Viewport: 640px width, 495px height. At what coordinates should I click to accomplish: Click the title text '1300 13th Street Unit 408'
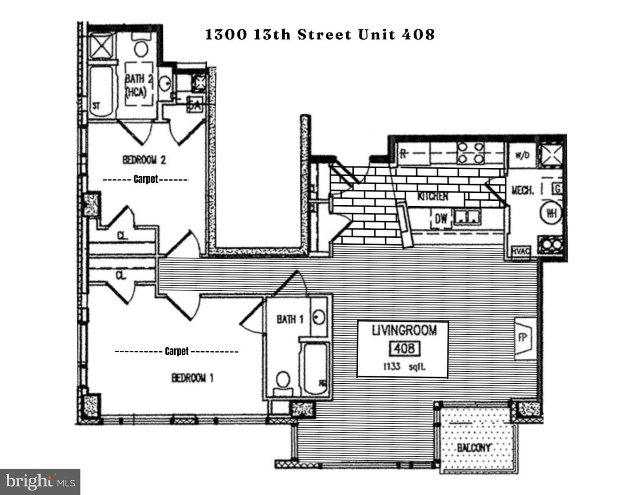coord(320,35)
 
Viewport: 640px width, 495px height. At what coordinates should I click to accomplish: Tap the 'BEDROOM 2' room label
coord(144,159)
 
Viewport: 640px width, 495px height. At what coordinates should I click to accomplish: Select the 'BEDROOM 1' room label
coord(192,378)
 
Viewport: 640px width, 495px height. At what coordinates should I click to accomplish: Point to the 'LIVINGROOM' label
coord(404,330)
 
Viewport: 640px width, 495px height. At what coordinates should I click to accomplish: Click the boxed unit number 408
coord(404,348)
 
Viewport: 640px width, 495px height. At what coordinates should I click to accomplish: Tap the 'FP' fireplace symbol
coord(523,338)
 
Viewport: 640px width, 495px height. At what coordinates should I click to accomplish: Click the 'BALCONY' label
coord(474,447)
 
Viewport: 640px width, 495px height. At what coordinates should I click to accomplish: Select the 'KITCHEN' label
coord(432,196)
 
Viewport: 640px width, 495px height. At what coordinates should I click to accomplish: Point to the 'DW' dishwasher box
coord(440,218)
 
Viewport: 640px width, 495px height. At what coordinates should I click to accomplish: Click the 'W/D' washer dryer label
coord(522,156)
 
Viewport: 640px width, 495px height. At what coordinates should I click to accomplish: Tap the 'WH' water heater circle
coord(551,213)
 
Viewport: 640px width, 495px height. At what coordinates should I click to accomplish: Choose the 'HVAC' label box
coord(521,252)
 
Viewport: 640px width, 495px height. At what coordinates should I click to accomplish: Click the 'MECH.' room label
coord(523,190)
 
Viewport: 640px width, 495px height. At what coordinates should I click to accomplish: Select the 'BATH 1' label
coord(290,319)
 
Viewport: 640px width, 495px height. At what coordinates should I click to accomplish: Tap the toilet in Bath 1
coord(282,381)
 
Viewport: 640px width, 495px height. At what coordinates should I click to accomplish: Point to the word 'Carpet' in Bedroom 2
coord(146,179)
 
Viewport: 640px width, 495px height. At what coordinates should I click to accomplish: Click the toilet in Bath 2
coord(141,47)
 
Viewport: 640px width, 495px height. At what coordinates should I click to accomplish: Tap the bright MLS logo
coord(40,482)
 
